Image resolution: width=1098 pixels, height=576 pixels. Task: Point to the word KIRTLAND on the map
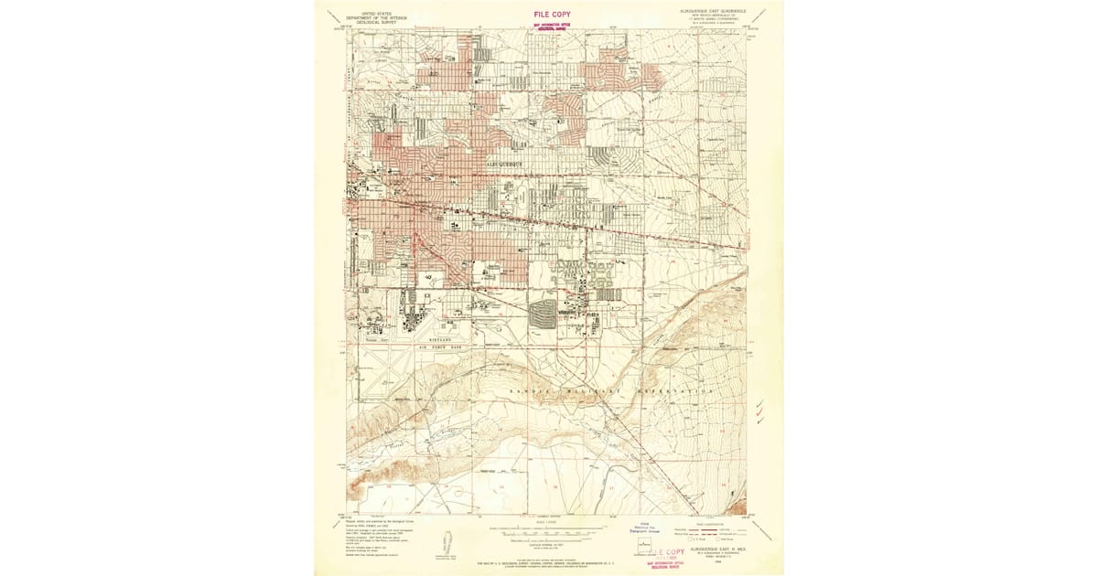coord(460,337)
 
